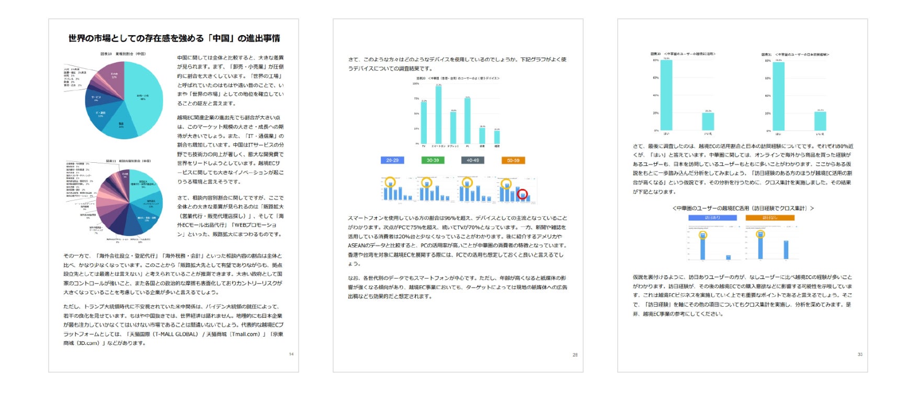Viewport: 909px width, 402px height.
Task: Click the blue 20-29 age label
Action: pyautogui.click(x=392, y=160)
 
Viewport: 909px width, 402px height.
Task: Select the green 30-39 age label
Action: pyautogui.click(x=433, y=160)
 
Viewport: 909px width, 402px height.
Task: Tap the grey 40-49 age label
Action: pyautogui.click(x=473, y=160)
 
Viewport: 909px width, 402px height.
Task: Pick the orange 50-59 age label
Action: pyautogui.click(x=513, y=160)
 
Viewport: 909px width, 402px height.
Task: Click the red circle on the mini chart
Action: pyautogui.click(x=522, y=194)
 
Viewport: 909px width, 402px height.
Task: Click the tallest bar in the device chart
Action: pyautogui.click(x=438, y=114)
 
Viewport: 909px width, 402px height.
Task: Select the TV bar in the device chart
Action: pyautogui.click(x=424, y=122)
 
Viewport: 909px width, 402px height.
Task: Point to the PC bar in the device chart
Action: pyautogui.click(x=468, y=120)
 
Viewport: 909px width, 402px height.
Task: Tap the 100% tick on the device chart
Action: pyautogui.click(x=416, y=84)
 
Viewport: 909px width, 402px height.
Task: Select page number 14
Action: pyautogui.click(x=291, y=354)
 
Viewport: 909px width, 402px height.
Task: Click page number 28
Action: pyautogui.click(x=575, y=355)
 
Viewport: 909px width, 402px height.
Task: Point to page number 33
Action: pyautogui.click(x=860, y=354)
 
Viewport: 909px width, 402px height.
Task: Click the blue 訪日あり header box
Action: pyautogui.click(x=712, y=218)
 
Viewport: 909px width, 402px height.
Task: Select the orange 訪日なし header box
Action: pyautogui.click(x=770, y=218)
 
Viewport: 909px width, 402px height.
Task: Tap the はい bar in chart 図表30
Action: pyautogui.click(x=666, y=94)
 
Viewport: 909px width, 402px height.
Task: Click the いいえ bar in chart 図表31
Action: pyautogui.click(x=820, y=121)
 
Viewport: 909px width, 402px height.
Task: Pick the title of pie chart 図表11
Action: pyautogui.click(x=129, y=161)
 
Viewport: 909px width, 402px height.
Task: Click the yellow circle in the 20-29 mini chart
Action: pyautogui.click(x=390, y=182)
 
